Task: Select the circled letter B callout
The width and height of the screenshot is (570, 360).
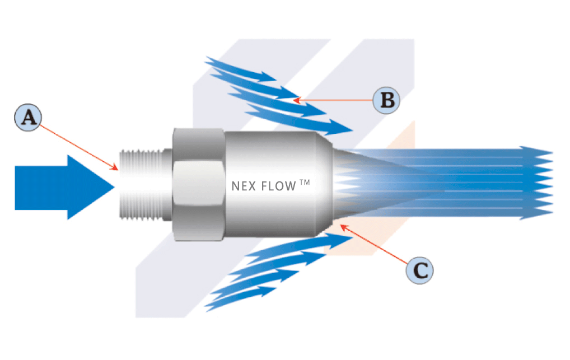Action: (x=386, y=101)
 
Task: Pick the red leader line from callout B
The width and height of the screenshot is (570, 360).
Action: (x=333, y=101)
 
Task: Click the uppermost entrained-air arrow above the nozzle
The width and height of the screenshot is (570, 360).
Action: (x=241, y=70)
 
